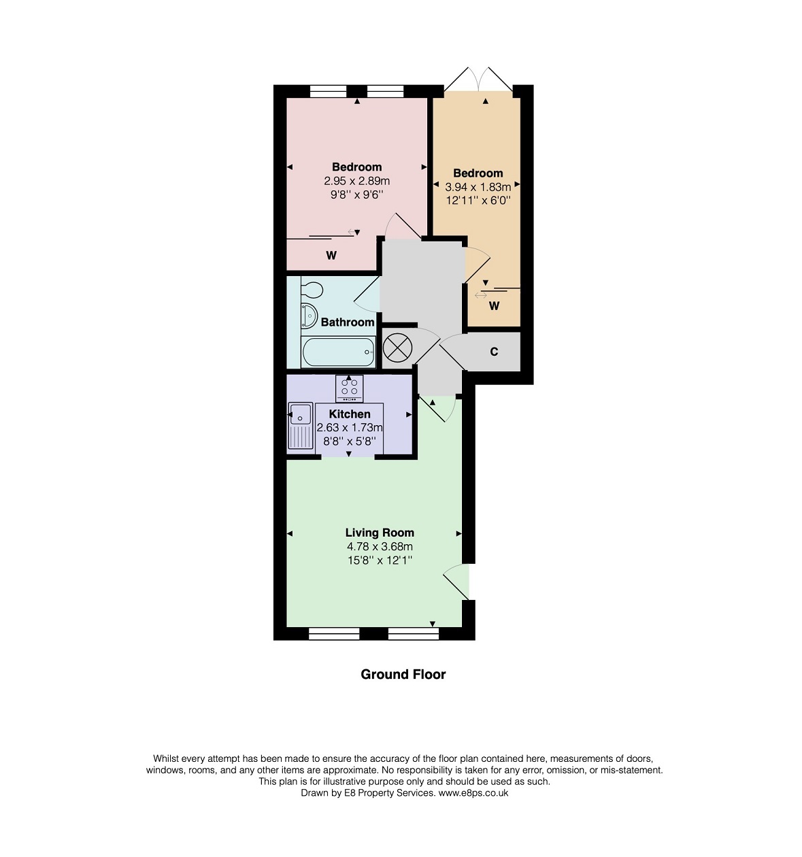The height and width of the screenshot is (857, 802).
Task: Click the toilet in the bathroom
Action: click(x=312, y=289)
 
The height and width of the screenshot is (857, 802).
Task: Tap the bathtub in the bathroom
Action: click(x=338, y=352)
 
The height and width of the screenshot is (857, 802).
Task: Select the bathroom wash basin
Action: click(x=309, y=316)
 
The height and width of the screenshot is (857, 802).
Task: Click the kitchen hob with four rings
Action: click(x=349, y=388)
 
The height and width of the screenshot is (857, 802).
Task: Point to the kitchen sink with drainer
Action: click(x=301, y=426)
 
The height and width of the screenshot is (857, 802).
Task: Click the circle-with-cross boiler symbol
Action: click(x=397, y=348)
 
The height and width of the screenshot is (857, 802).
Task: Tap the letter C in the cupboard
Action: click(x=494, y=352)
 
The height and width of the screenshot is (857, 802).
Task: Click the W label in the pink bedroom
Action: click(x=331, y=256)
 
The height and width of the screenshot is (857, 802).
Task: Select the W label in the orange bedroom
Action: click(x=494, y=306)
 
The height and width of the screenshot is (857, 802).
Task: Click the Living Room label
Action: click(x=380, y=533)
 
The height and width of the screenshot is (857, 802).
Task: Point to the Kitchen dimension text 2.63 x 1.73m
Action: click(x=349, y=428)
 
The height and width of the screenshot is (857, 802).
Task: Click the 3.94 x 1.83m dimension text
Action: click(x=478, y=187)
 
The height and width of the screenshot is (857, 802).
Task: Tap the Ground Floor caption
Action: click(x=403, y=675)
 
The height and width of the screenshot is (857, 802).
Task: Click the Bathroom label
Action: click(x=347, y=322)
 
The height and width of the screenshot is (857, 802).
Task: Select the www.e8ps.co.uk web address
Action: click(x=473, y=792)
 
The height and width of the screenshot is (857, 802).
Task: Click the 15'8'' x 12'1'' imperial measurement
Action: click(x=380, y=560)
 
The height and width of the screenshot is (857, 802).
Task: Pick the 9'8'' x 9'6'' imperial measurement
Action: click(x=356, y=195)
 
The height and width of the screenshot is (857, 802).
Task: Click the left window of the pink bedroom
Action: click(x=328, y=92)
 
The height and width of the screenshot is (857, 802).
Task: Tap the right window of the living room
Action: click(x=413, y=633)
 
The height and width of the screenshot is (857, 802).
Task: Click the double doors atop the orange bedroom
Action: click(x=478, y=80)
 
